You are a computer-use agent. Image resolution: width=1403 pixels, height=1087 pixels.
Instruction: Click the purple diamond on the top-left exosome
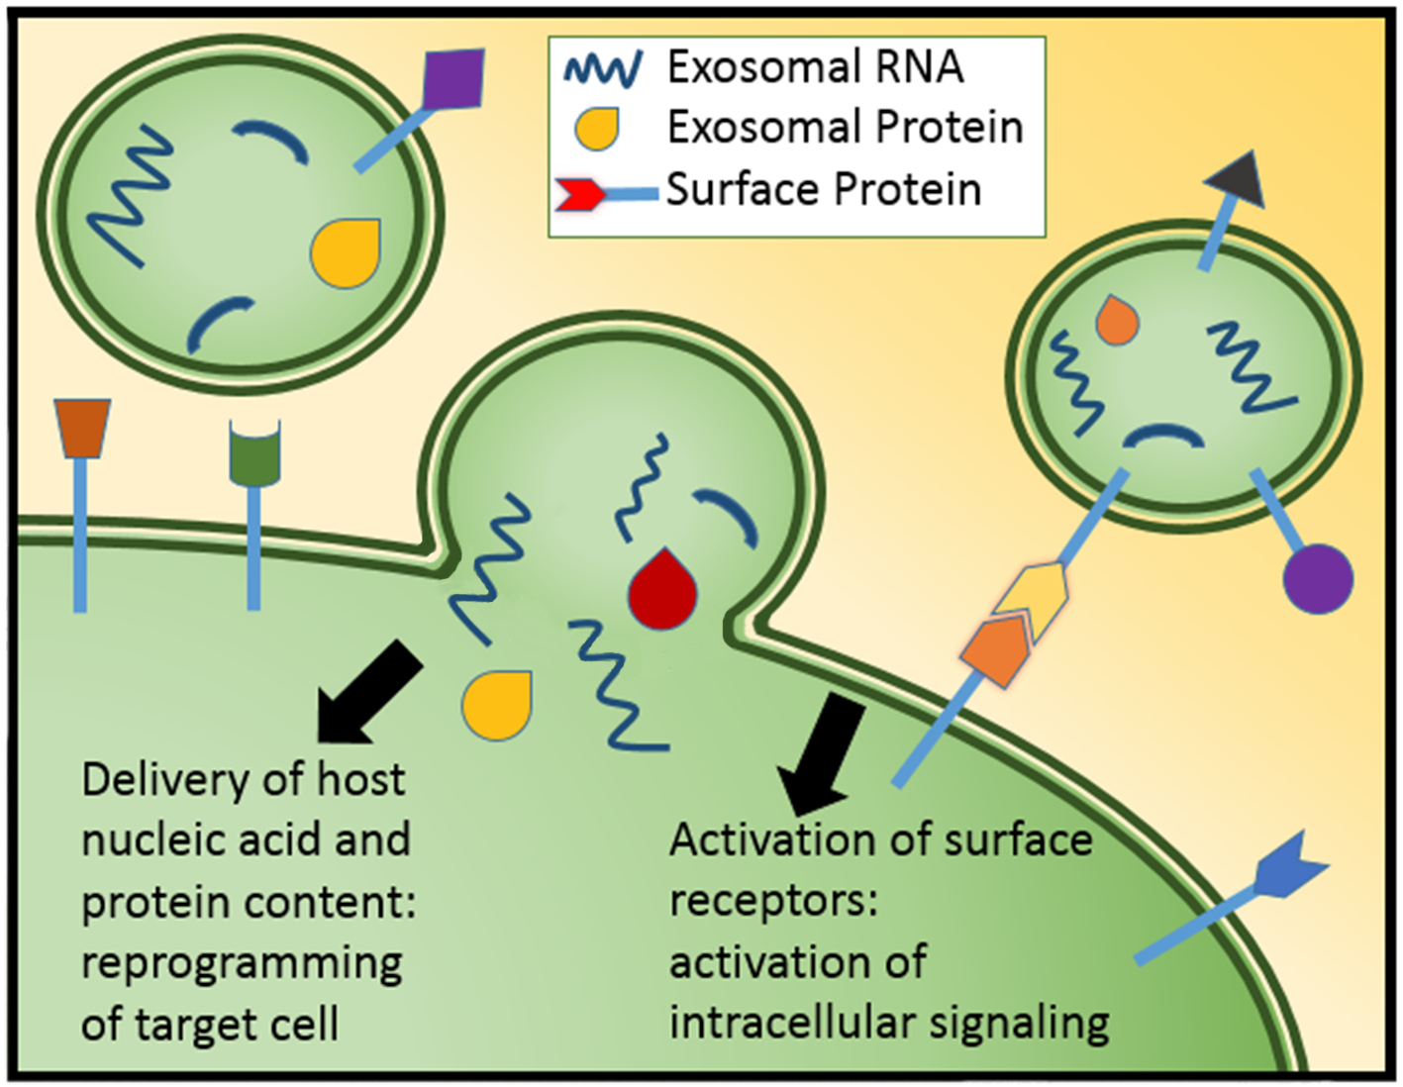click(x=452, y=80)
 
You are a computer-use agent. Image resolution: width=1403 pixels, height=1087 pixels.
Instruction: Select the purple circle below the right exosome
click(x=1317, y=578)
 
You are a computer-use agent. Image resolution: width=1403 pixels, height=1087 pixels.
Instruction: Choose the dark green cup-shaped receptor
click(x=254, y=452)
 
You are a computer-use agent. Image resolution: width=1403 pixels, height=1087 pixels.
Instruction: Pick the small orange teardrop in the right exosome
click(x=1118, y=321)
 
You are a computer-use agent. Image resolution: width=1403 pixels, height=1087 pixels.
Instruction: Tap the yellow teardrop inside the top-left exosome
click(x=346, y=253)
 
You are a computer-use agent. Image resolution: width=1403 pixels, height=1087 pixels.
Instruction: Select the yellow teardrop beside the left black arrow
click(x=498, y=703)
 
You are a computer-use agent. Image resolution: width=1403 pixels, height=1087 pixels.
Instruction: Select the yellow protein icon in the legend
click(x=598, y=129)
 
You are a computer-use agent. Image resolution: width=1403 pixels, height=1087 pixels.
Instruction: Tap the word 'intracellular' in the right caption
click(x=798, y=1023)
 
